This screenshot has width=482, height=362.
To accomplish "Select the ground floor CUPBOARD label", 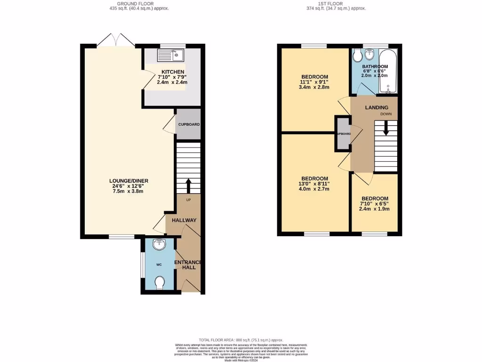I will [x=188, y=124].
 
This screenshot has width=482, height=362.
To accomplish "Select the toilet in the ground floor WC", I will [x=160, y=283].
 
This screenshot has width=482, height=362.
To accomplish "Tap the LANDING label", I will [x=377, y=107].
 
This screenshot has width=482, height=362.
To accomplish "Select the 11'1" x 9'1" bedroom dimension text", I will [x=314, y=82].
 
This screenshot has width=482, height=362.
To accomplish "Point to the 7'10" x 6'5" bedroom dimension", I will [x=375, y=204].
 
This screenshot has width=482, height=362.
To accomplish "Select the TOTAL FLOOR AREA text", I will [x=241, y=340].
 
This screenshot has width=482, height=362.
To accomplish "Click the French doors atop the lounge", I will [x=116, y=40].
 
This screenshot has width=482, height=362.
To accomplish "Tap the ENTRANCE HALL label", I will [x=188, y=265].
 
